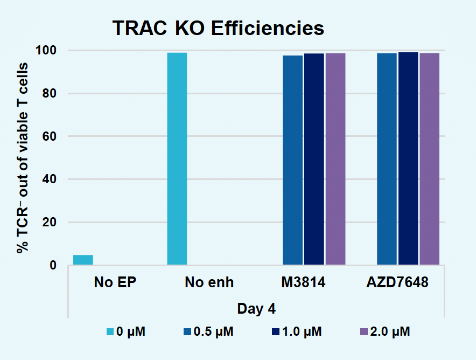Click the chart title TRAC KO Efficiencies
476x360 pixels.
point(218,28)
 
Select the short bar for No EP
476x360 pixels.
point(83,260)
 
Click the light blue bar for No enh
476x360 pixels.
point(177,159)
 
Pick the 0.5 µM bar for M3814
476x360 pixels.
point(292,160)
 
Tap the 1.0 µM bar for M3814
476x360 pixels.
point(314,159)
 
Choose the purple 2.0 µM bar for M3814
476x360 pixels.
point(335,159)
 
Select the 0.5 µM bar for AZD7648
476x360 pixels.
point(387,159)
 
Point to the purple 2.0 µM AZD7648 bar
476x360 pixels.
point(430,159)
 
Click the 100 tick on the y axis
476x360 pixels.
point(47,51)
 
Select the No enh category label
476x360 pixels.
point(209,282)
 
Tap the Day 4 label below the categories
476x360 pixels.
point(257,309)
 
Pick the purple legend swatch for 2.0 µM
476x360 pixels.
point(363,331)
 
